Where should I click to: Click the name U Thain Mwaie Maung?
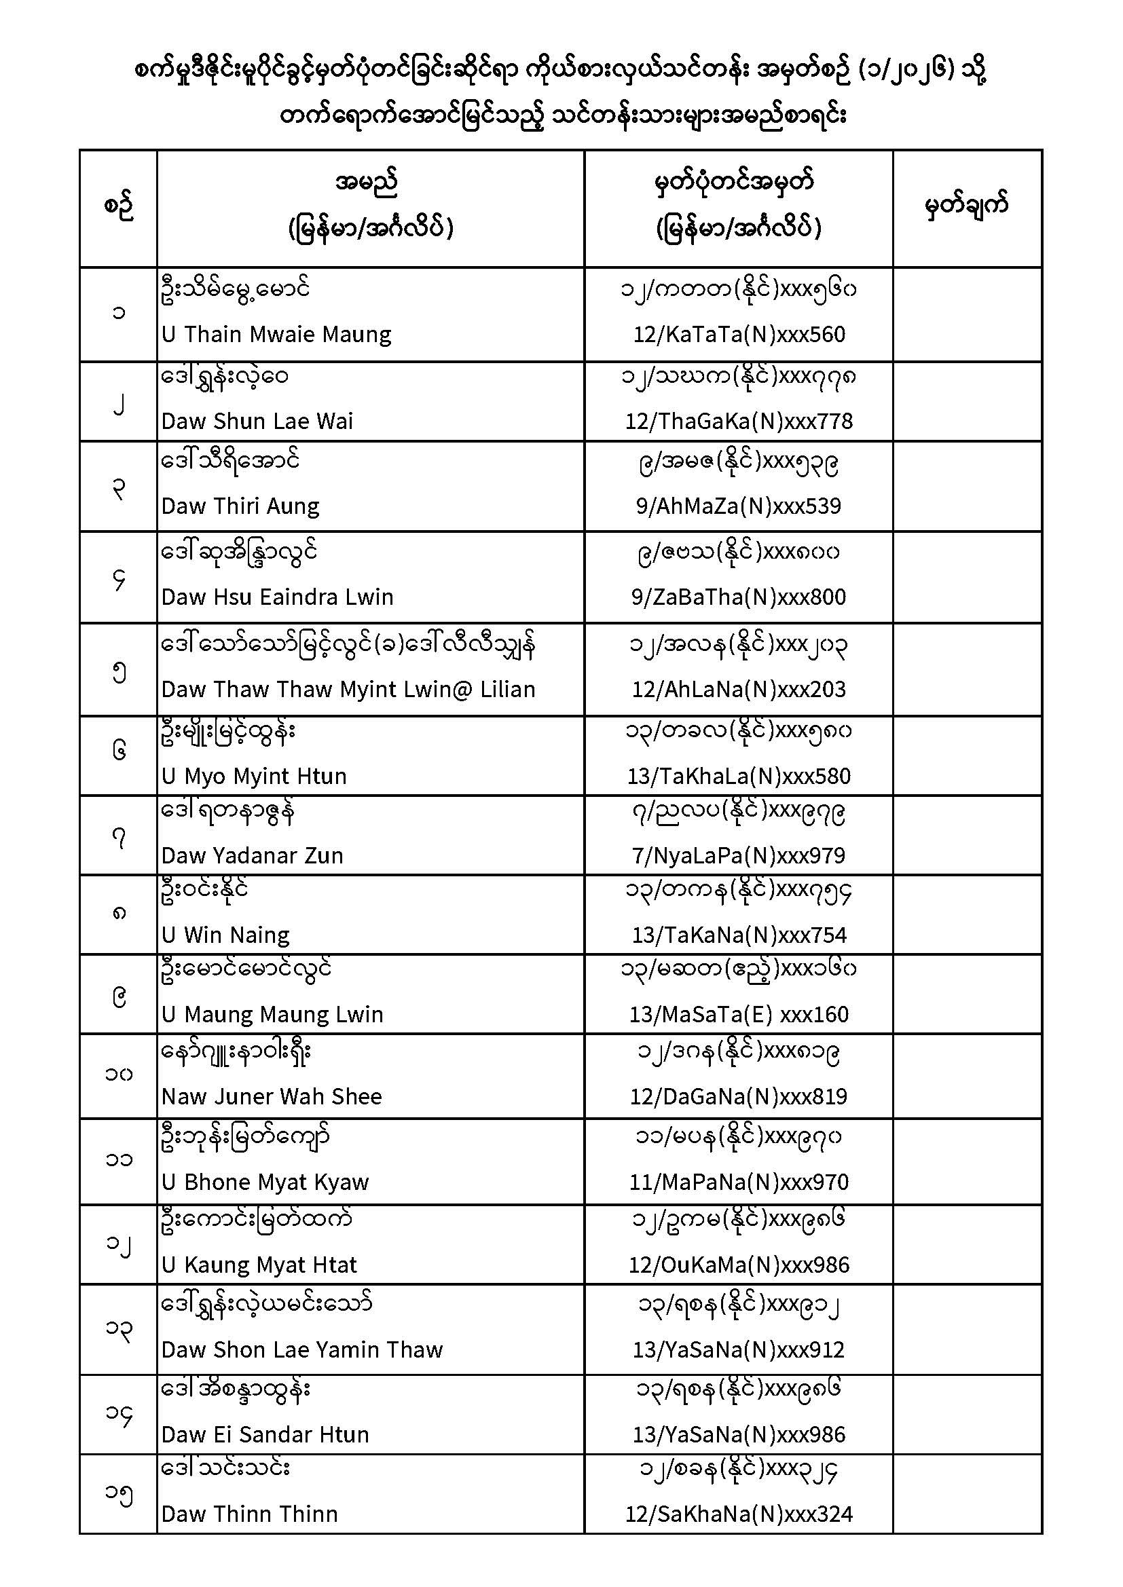(x=276, y=335)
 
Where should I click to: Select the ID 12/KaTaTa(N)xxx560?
(x=739, y=335)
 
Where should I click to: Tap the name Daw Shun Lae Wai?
(x=257, y=421)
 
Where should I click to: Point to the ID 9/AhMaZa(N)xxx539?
(x=739, y=506)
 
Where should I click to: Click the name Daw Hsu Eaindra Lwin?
(x=277, y=597)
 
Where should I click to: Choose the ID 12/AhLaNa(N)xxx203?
(x=739, y=689)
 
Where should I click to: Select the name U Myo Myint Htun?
(x=254, y=776)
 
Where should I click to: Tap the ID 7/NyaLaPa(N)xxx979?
(x=739, y=855)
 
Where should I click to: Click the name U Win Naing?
(x=225, y=935)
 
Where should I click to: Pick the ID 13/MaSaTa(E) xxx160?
(x=739, y=1014)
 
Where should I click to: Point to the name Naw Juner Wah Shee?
(x=272, y=1096)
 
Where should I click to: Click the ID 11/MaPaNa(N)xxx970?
(x=739, y=1182)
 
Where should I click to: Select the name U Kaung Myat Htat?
(x=259, y=1265)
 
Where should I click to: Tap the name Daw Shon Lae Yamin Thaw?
(x=302, y=1349)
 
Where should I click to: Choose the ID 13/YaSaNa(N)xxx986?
(x=739, y=1434)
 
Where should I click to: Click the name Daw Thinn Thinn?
(x=250, y=1514)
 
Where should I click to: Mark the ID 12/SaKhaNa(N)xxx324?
(x=739, y=1514)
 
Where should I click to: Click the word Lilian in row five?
(x=508, y=689)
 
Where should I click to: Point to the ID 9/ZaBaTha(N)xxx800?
(x=739, y=597)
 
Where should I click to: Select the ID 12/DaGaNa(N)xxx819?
(x=739, y=1096)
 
